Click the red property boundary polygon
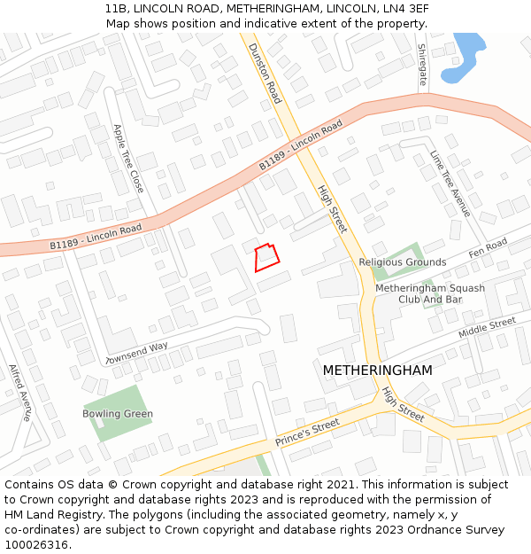pyautogui.click(x=266, y=257)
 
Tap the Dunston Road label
pyautogui.click(x=265, y=73)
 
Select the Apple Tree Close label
pyautogui.click(x=127, y=158)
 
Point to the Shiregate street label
pyautogui.click(x=422, y=65)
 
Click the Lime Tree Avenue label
pyautogui.click(x=450, y=183)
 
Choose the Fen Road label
pyautogui.click(x=488, y=248)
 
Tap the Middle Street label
pyautogui.click(x=486, y=327)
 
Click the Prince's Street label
pyautogui.click(x=307, y=432)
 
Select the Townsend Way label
pyautogui.click(x=136, y=354)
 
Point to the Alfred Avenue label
pyautogui.click(x=19, y=392)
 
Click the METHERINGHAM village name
pyautogui.click(x=377, y=370)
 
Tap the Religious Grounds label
pyautogui.click(x=403, y=262)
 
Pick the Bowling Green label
pyautogui.click(x=118, y=414)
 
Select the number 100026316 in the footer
pyautogui.click(x=37, y=544)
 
